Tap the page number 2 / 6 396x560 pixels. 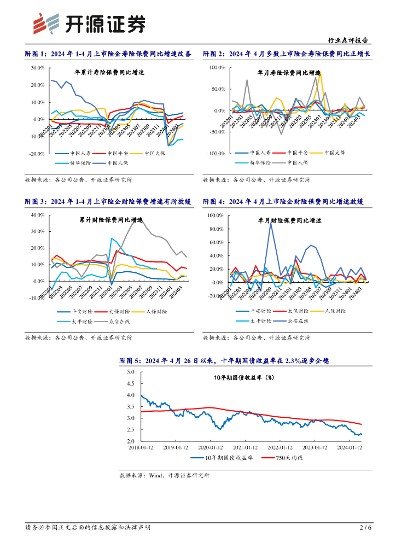(x=365, y=527)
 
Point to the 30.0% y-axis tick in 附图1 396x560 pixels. (x=38, y=68)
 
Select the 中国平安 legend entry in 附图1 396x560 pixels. (x=120, y=153)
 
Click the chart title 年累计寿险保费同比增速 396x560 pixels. (x=109, y=73)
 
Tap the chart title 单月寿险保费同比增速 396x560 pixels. (x=289, y=73)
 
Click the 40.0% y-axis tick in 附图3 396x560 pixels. (x=38, y=215)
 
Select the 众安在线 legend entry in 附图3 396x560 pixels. (x=121, y=320)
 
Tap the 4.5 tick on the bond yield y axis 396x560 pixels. (x=130, y=383)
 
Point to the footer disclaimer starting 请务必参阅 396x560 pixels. (x=88, y=527)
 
